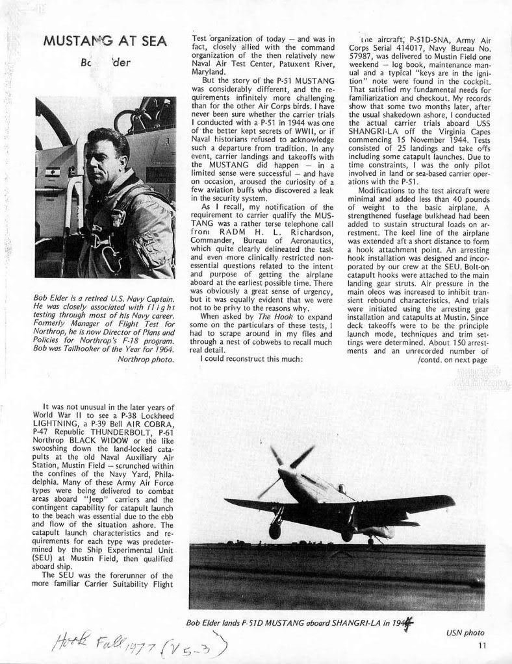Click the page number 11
pos(481,645)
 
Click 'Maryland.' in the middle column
pos(210,72)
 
